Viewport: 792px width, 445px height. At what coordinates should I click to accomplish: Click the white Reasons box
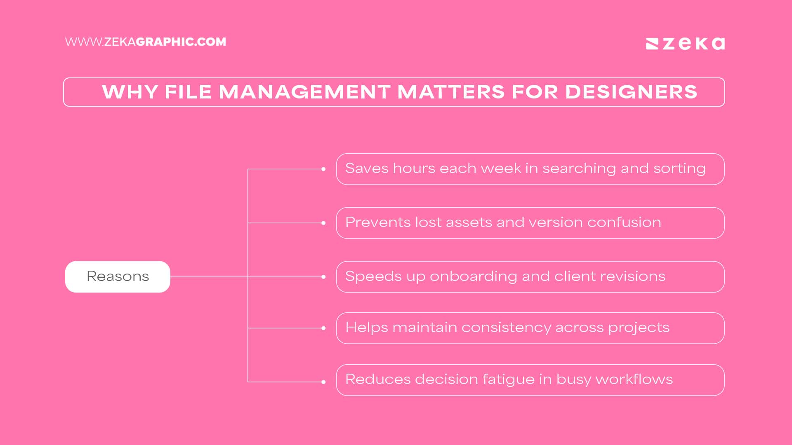pos(118,276)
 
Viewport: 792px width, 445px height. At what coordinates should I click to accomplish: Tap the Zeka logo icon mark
pos(652,44)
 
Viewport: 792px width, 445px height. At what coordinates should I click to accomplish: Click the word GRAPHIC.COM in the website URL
pos(181,42)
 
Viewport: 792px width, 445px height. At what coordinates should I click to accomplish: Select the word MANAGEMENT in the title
pos(304,92)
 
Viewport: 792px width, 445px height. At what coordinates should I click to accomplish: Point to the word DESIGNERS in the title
pos(631,92)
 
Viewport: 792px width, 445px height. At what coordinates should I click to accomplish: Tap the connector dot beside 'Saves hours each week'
pos(323,169)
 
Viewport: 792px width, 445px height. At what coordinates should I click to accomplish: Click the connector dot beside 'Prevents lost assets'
pos(323,223)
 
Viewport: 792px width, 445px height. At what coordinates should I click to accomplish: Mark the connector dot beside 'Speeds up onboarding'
pos(323,277)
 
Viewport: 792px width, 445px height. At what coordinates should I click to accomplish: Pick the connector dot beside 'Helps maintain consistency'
pos(323,328)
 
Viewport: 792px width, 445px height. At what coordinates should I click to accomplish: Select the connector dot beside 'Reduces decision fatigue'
pos(323,382)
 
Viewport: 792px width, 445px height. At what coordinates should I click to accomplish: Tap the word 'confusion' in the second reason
pos(624,222)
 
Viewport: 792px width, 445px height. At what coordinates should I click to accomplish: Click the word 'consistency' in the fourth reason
pos(506,328)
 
